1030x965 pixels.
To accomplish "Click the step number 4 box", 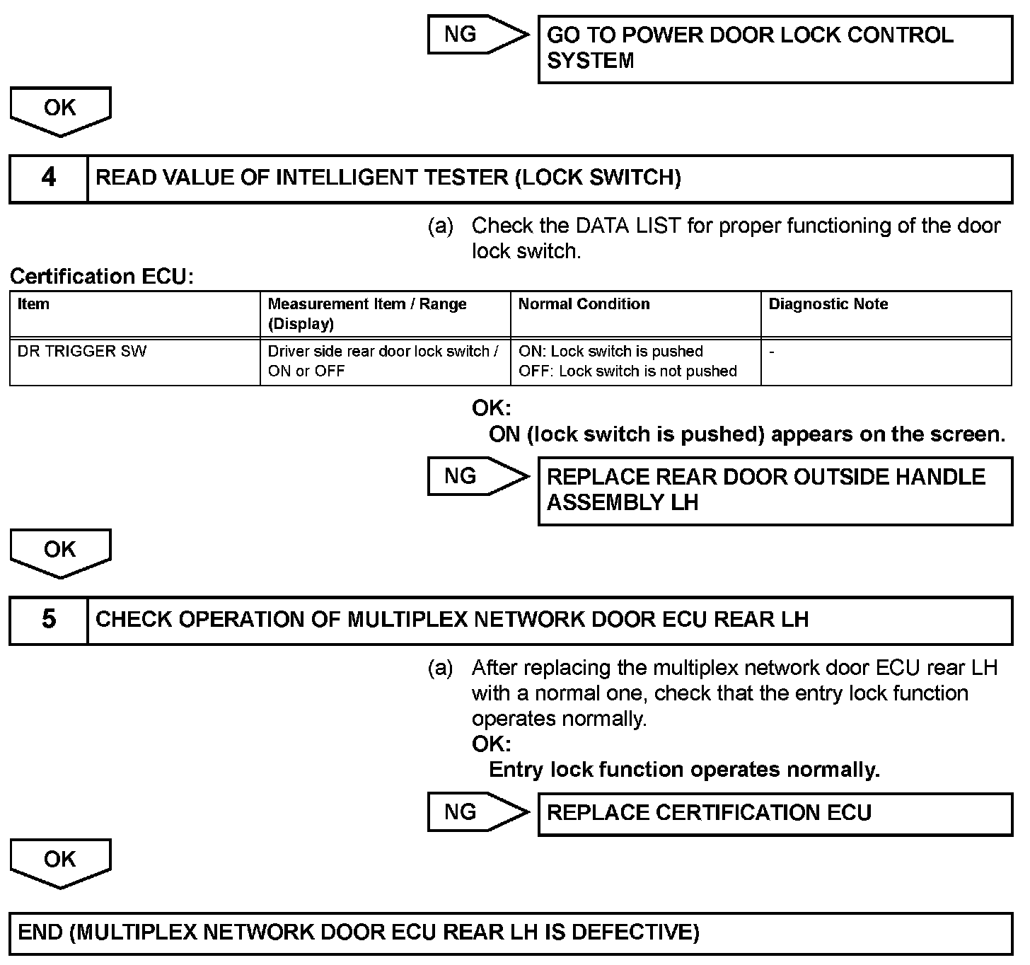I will (48, 178).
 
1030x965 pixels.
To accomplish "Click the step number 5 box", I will (48, 620).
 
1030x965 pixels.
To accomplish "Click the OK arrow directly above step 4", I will (60, 110).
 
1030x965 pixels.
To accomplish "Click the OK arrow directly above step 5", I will (60, 552).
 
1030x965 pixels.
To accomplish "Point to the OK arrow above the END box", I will (60, 861).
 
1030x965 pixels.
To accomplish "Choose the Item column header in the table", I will (33, 304).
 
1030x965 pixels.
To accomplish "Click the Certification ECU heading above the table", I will (102, 276).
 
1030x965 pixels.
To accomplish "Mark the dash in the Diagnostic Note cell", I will (772, 352).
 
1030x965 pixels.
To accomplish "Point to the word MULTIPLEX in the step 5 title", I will (407, 620).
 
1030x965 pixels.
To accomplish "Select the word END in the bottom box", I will (40, 932).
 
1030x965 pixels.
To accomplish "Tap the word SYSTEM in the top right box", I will (591, 61).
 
